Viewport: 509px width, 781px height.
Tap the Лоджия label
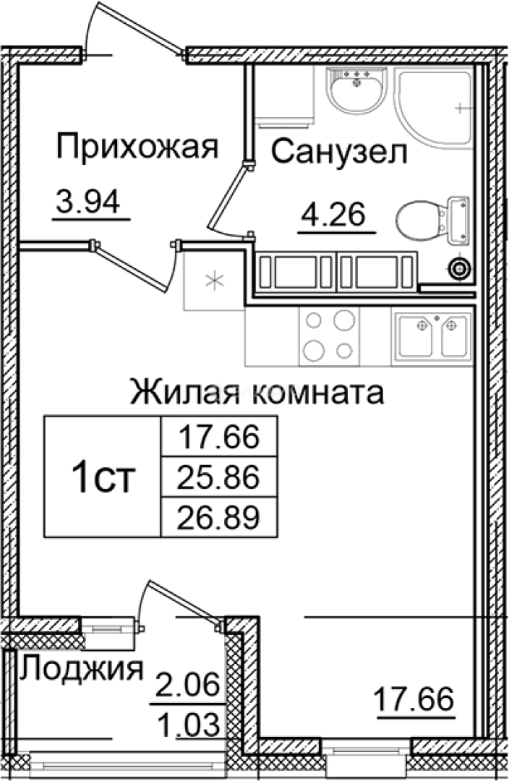pyautogui.click(x=81, y=669)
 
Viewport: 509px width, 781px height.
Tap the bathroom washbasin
pyautogui.click(x=355, y=90)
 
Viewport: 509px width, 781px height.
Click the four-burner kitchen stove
pyautogui.click(x=330, y=335)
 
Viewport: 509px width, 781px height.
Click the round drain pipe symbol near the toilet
pyautogui.click(x=459, y=268)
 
